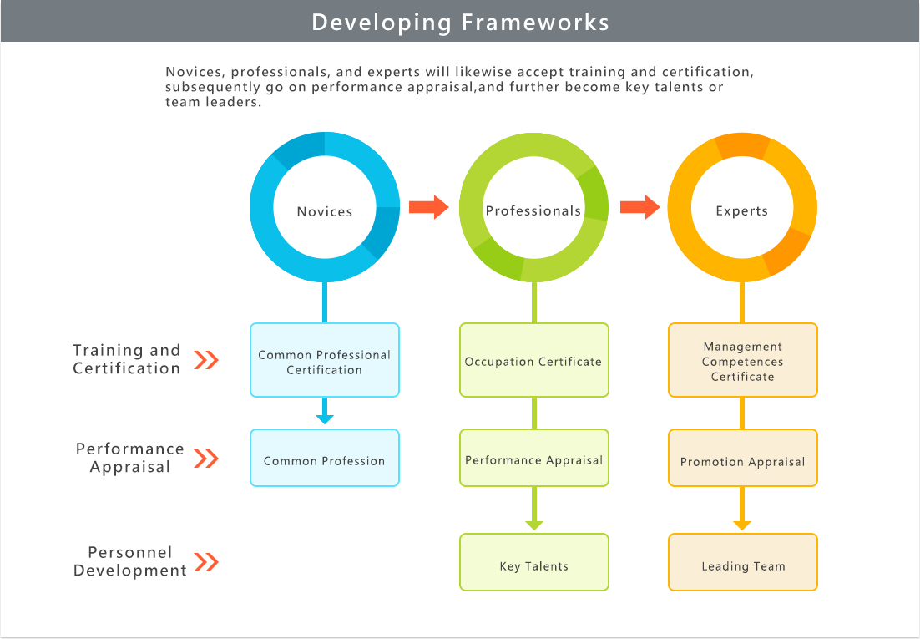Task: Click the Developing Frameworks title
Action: tap(460, 23)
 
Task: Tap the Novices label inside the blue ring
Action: tap(325, 211)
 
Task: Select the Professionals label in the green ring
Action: tap(533, 210)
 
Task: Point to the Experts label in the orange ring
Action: tap(741, 211)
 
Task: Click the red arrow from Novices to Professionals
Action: tap(429, 207)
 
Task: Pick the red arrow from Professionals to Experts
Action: tap(640, 207)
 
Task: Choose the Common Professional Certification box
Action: tap(325, 360)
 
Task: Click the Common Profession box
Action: tap(325, 458)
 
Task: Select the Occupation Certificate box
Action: tap(534, 360)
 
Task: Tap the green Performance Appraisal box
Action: tap(534, 458)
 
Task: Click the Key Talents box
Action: tap(534, 562)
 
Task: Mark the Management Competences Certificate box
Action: tap(743, 360)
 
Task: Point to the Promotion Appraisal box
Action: tap(743, 458)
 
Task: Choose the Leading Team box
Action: tap(743, 562)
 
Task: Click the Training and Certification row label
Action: tap(127, 359)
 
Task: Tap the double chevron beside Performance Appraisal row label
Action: tap(206, 458)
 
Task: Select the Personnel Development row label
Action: tap(130, 561)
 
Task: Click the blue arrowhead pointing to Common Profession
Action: tap(325, 419)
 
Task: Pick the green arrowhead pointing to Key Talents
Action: tap(534, 525)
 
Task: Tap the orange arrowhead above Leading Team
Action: tap(742, 525)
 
